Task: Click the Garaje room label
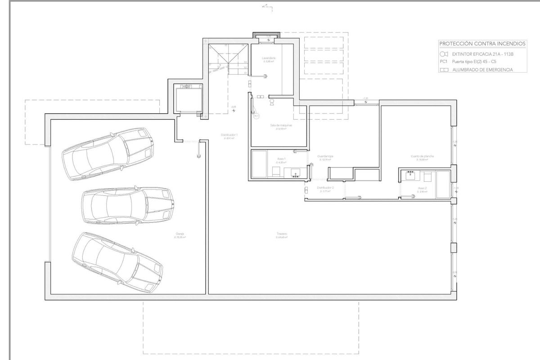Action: pos(180,234)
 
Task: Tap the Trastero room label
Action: pos(282,234)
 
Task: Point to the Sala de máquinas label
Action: pos(278,125)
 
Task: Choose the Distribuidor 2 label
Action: pos(325,187)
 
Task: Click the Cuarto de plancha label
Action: pos(422,156)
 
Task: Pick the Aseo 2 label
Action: pos(422,188)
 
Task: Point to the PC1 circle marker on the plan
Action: pos(256,116)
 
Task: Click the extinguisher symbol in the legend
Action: pos(444,54)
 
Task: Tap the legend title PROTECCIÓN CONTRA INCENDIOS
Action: pos(482,44)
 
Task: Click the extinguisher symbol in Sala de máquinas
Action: pos(272,102)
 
